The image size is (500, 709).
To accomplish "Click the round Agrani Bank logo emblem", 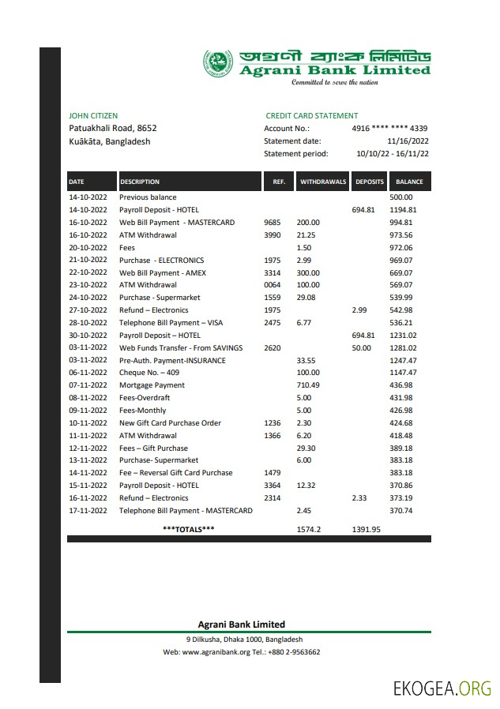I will [x=218, y=64].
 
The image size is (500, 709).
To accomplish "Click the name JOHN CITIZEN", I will [x=93, y=116].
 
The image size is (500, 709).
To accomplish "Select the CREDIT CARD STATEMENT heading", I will [x=311, y=116].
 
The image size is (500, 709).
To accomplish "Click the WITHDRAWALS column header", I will [x=323, y=182].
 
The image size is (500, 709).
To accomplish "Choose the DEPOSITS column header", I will [x=369, y=182].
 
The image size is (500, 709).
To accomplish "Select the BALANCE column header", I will [x=409, y=182].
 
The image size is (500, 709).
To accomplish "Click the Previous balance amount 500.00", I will [x=401, y=197].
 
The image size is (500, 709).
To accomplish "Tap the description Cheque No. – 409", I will [x=149, y=373].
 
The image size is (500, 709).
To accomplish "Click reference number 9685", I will [x=271, y=223].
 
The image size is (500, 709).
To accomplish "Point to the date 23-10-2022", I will [x=88, y=285].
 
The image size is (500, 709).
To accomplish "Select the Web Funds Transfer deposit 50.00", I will [x=361, y=347].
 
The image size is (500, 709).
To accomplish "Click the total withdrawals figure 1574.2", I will [x=308, y=529].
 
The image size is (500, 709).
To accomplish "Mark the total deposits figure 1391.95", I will [x=366, y=529].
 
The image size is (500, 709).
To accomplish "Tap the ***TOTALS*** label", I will [x=188, y=529].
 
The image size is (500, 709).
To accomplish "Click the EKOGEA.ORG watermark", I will [x=442, y=688].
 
